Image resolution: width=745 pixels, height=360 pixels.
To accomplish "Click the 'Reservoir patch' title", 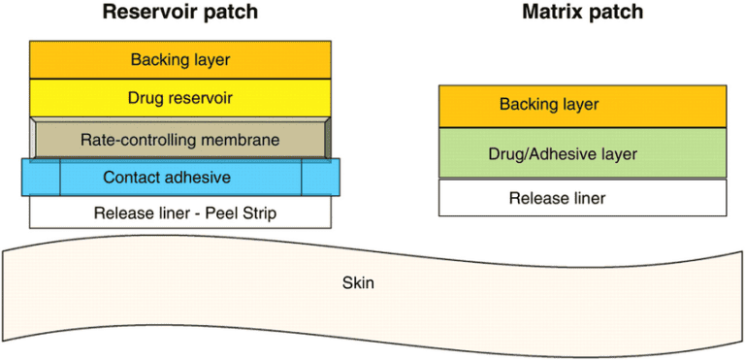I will pyautogui.click(x=180, y=13).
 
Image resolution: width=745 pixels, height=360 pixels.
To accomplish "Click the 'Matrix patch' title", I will pyautogui.click(x=583, y=13).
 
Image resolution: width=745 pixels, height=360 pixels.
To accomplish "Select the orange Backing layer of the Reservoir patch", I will pyautogui.click(x=180, y=59).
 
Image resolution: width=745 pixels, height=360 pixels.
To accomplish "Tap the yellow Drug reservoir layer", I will pyautogui.click(x=180, y=98).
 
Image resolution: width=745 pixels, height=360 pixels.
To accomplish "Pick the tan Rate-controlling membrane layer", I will pyautogui.click(x=180, y=140).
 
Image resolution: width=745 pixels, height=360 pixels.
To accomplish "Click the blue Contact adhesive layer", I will pyautogui.click(x=180, y=178).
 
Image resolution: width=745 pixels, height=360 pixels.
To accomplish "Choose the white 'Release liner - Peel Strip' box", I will pyautogui.click(x=180, y=213).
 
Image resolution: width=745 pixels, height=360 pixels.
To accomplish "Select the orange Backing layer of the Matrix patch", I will pyautogui.click(x=583, y=105).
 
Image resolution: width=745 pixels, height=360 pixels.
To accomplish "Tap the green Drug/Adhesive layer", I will pyautogui.click(x=583, y=153).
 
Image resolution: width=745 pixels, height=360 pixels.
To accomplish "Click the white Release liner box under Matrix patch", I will pyautogui.click(x=583, y=198).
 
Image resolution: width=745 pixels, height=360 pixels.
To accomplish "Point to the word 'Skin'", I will pyautogui.click(x=358, y=283).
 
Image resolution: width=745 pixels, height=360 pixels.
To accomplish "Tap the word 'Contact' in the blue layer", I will pyautogui.click(x=131, y=178).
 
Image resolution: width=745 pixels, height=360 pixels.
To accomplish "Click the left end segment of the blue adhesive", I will pyautogui.click(x=41, y=178).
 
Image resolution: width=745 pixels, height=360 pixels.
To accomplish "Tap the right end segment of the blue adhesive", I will pyautogui.click(x=320, y=178).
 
